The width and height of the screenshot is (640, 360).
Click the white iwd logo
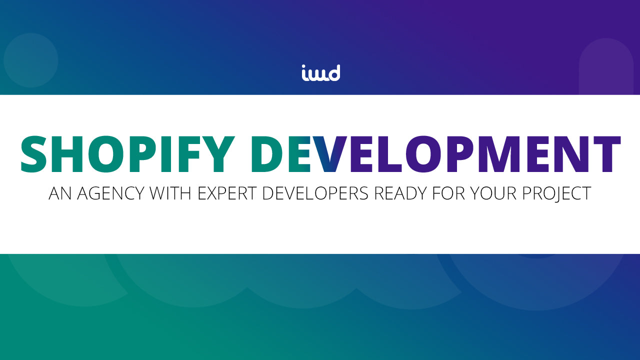coord(320,73)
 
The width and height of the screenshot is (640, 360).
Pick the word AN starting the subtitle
coord(59,193)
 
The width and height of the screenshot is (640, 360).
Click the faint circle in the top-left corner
coord(31,60)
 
